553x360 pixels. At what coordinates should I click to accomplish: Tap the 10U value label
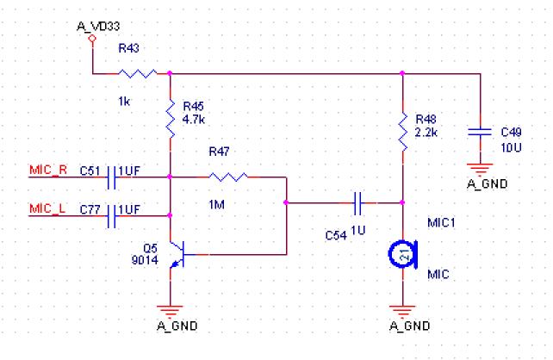pyautogui.click(x=512, y=147)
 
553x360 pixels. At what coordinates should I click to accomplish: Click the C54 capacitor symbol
pyautogui.click(x=359, y=204)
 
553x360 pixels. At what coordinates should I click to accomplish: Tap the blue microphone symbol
pyautogui.click(x=401, y=253)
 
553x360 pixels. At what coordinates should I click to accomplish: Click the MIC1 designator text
pyautogui.click(x=442, y=223)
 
